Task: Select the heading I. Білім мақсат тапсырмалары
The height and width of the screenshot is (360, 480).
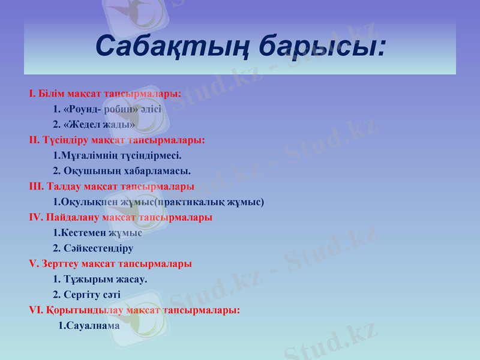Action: pos(105,94)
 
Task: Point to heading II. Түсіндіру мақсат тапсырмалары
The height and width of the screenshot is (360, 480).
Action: pos(117,140)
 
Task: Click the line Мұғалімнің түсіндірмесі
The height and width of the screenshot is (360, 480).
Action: pos(117,156)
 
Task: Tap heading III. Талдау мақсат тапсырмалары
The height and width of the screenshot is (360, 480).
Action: pos(111,187)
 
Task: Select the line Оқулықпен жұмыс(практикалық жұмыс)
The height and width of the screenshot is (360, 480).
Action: pos(158,202)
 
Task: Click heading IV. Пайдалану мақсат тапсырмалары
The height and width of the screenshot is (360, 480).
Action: pos(120,217)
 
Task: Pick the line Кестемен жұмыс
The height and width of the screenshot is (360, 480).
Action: pos(97,233)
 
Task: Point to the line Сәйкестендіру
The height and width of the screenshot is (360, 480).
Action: pos(93,248)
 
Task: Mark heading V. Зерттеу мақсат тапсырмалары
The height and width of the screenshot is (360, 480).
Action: pos(110,263)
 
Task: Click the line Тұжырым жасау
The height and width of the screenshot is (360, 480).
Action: pos(100,279)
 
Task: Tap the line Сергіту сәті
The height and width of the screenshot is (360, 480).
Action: pos(86,295)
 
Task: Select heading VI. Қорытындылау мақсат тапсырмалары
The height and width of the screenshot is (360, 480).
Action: pos(134,310)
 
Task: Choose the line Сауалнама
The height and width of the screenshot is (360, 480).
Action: pos(89,326)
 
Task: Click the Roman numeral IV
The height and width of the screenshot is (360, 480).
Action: pos(35,217)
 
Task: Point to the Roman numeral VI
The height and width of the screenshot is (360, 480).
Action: pos(35,310)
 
